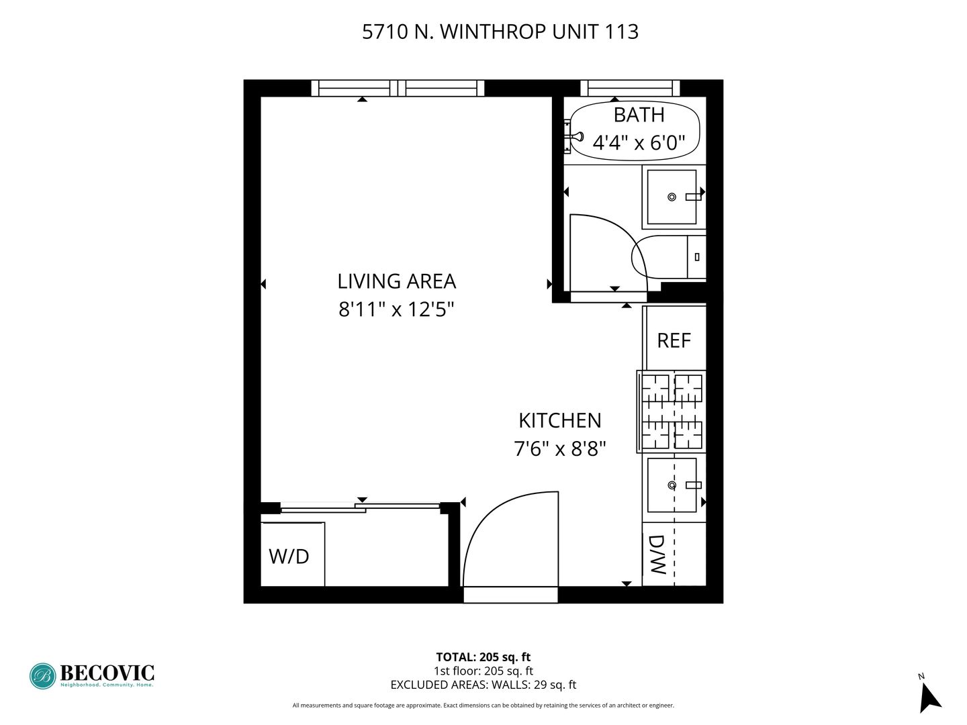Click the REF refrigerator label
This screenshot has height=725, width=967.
pyautogui.click(x=674, y=340)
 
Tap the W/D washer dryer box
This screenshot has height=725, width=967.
pyautogui.click(x=293, y=554)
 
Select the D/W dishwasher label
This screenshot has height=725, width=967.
pyautogui.click(x=657, y=554)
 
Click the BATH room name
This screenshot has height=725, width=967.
pyautogui.click(x=639, y=115)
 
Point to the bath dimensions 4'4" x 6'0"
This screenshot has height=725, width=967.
pyautogui.click(x=639, y=142)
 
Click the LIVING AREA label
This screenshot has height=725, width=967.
pyautogui.click(x=396, y=281)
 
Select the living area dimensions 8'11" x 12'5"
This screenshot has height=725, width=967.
pyautogui.click(x=396, y=309)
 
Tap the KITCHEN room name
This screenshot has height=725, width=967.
pyautogui.click(x=560, y=420)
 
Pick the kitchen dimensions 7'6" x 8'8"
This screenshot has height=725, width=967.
pyautogui.click(x=560, y=449)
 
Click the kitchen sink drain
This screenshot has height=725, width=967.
pyautogui.click(x=672, y=485)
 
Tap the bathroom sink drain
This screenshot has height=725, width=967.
pyautogui.click(x=672, y=197)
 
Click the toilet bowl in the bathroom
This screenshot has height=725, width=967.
pyautogui.click(x=659, y=257)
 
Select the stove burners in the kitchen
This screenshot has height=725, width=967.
pyautogui.click(x=672, y=412)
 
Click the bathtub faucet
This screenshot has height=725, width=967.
pyautogui.click(x=574, y=137)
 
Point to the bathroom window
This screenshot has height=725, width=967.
pyautogui.click(x=630, y=88)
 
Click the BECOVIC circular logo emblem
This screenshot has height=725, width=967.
pyautogui.click(x=43, y=676)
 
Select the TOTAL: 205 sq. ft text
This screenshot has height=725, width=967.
pyautogui.click(x=483, y=657)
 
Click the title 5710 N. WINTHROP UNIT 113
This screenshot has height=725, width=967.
pyautogui.click(x=500, y=32)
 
